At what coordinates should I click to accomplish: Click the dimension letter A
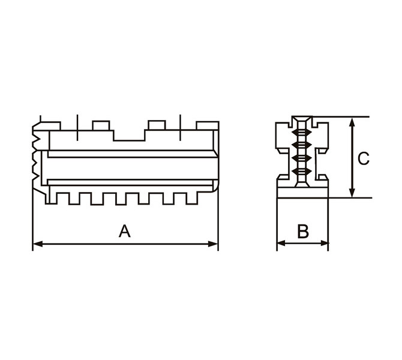click(125, 231)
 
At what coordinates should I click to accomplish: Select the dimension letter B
click(303, 231)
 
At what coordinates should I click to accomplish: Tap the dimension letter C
click(363, 158)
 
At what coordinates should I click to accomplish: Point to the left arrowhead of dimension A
click(38, 244)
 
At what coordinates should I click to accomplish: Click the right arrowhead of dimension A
click(213, 244)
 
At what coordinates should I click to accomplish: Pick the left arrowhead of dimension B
click(281, 243)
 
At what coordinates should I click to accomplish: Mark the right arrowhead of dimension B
click(324, 243)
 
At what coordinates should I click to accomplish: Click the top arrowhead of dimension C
click(353, 122)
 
